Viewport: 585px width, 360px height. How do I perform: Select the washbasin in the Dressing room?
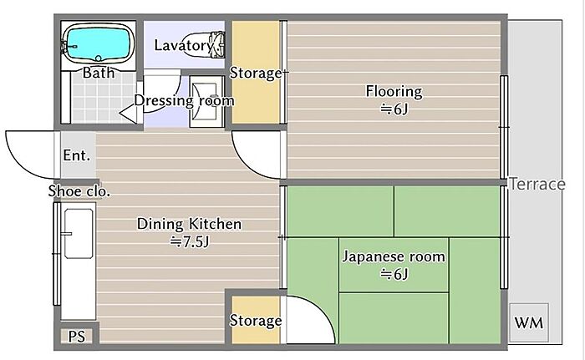[x=206, y=101]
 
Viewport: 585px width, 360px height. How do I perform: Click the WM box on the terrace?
[x=529, y=322]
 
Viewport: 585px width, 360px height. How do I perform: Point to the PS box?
[x=77, y=336]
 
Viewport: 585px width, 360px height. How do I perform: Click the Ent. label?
[x=77, y=155]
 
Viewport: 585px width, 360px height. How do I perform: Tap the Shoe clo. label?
[x=79, y=191]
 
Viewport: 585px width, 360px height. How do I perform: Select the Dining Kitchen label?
[x=189, y=224]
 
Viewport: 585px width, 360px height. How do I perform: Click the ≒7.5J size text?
[x=190, y=242]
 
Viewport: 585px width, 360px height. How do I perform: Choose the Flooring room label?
[x=394, y=91]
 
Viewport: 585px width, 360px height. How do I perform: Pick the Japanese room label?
[x=394, y=256]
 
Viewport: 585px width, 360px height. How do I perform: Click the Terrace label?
[x=537, y=184]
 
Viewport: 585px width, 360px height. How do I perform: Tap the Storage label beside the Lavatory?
[x=256, y=73]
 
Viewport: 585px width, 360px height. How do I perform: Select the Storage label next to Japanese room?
[x=256, y=321]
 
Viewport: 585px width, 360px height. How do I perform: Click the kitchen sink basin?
[x=79, y=234]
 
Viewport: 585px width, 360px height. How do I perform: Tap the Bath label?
[x=99, y=73]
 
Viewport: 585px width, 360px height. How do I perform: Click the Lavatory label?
[x=184, y=45]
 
